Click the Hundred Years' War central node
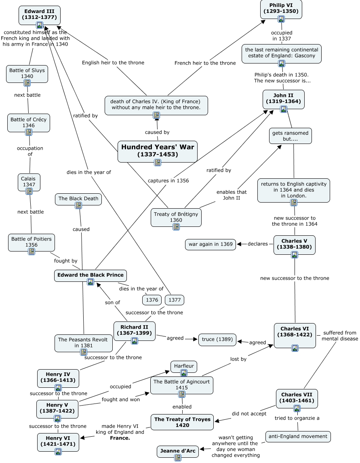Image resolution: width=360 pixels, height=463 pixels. (x=158, y=150)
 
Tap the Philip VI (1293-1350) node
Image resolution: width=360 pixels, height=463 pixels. (x=281, y=8)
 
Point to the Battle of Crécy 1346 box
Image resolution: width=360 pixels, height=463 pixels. (x=28, y=122)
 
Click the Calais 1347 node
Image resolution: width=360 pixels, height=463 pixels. (x=29, y=181)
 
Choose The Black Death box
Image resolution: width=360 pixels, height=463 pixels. (x=78, y=199)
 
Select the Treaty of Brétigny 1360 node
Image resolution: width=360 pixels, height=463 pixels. (x=176, y=217)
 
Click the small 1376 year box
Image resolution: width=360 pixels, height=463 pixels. (x=152, y=300)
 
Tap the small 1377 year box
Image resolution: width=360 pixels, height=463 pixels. (x=175, y=300)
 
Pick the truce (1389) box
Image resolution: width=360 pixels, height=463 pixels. (x=217, y=340)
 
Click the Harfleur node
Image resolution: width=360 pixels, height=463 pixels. (x=184, y=366)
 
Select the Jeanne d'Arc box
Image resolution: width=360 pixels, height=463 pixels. (x=178, y=451)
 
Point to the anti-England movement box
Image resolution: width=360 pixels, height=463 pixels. (x=298, y=437)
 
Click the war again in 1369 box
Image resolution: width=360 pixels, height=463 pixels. (x=211, y=244)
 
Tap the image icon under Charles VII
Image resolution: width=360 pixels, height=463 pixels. (x=297, y=408)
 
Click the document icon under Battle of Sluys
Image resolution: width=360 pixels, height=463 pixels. (x=27, y=83)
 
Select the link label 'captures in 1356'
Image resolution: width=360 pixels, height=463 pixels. (x=168, y=181)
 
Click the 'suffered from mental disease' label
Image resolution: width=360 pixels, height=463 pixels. (x=339, y=336)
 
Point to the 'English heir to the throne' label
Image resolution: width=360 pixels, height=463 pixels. (x=113, y=63)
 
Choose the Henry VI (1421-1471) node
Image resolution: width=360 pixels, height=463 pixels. (x=58, y=442)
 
